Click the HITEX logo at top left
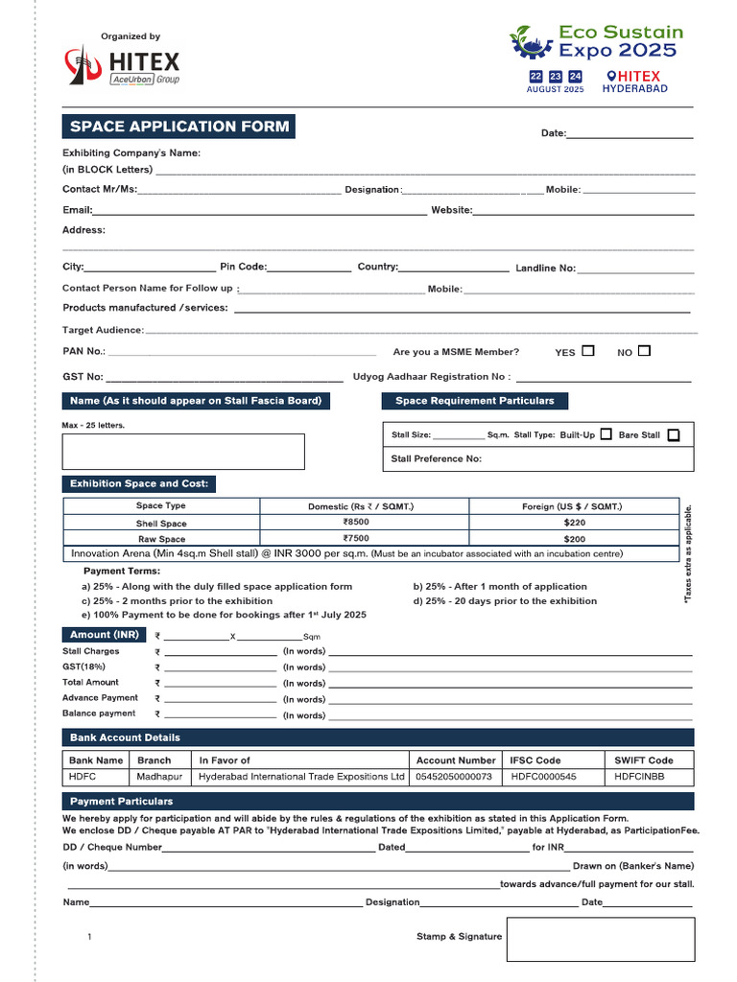(x=122, y=66)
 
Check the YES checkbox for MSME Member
(x=588, y=351)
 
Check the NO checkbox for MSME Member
(x=644, y=351)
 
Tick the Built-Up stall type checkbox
(x=606, y=434)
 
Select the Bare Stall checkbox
(x=674, y=434)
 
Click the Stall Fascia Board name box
(x=183, y=452)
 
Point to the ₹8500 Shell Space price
(x=355, y=523)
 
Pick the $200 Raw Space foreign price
(x=575, y=539)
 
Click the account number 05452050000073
(x=454, y=777)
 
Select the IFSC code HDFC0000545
(x=543, y=777)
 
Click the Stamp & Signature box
(x=601, y=939)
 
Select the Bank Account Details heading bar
(x=378, y=737)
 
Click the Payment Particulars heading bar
(x=378, y=801)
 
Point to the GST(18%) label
(x=84, y=666)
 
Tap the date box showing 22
(x=535, y=76)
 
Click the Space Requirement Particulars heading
(x=475, y=401)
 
